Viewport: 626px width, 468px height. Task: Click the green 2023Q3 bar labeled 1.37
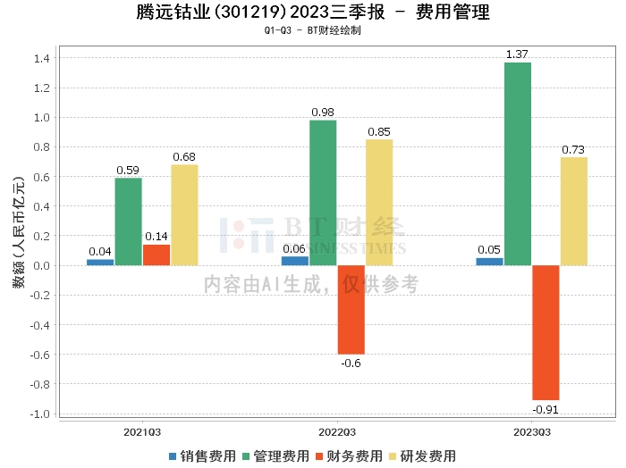(x=518, y=163)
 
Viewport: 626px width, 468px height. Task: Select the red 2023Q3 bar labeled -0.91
(x=546, y=332)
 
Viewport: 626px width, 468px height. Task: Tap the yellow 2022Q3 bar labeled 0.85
(x=378, y=203)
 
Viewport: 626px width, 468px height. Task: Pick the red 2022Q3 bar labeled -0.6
(x=351, y=310)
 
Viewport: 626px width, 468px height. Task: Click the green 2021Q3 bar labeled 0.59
(x=128, y=221)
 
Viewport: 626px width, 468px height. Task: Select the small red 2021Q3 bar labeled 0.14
(x=156, y=255)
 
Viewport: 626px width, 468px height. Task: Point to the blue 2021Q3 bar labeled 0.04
(x=100, y=262)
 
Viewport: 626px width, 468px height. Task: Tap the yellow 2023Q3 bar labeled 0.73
(x=573, y=212)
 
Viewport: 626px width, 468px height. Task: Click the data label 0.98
(x=323, y=112)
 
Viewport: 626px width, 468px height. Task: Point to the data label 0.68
(x=184, y=157)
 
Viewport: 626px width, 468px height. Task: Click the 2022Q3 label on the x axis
(x=336, y=431)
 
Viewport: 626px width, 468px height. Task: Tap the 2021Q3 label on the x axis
(x=142, y=431)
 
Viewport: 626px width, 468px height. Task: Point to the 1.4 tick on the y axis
(x=41, y=58)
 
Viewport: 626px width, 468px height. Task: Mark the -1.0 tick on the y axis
(x=38, y=414)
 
